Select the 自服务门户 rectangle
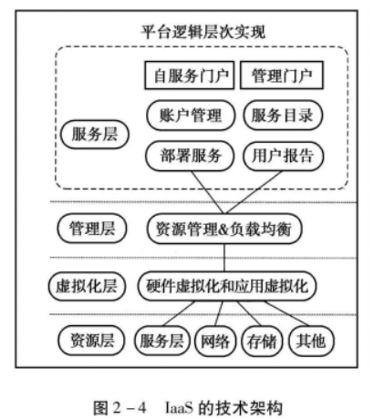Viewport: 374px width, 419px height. coord(188,76)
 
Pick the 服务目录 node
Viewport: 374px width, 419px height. coord(280,116)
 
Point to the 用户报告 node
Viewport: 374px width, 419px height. coord(280,156)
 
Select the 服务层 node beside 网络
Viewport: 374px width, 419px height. coord(159,342)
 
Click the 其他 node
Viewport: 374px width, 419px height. coord(311,342)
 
